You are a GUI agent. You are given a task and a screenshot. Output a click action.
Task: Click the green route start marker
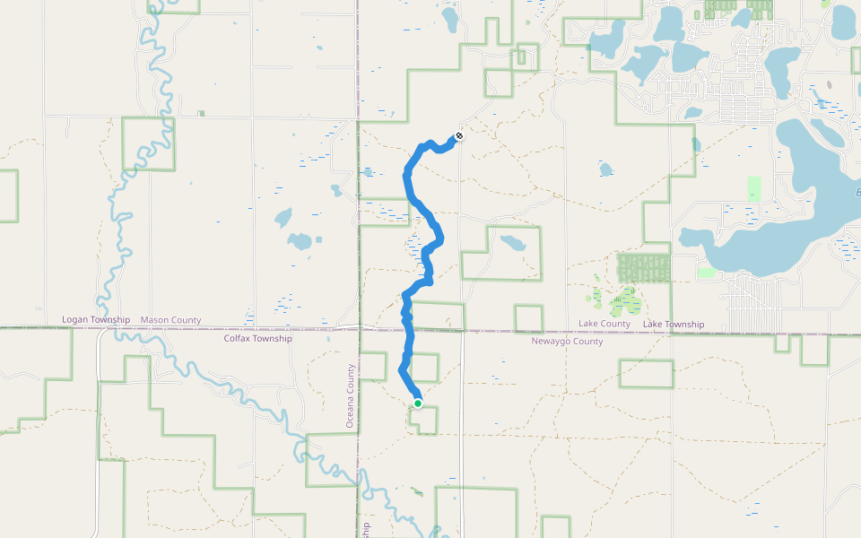point(418,403)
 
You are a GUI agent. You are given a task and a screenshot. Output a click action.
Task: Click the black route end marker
point(459,136)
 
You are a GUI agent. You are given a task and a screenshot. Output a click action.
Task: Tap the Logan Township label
point(96,320)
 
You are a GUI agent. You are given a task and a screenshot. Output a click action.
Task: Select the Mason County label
point(170,320)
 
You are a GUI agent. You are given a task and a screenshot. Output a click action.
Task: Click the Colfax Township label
point(257,339)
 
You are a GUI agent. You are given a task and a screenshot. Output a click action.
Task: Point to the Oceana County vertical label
point(350,395)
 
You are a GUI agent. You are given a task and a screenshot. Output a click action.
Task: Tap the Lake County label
point(604,324)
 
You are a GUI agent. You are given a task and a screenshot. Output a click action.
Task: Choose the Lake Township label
point(674,324)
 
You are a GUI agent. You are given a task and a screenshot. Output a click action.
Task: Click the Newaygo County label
point(567,342)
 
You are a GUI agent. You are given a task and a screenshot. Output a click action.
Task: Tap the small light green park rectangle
point(754,188)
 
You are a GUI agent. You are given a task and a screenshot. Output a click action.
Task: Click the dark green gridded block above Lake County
point(644,267)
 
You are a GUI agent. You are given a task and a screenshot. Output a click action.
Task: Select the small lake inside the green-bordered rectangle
point(513,243)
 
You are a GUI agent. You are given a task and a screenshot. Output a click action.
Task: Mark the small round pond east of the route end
point(605,169)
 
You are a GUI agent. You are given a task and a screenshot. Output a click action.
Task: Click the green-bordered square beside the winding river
point(148,143)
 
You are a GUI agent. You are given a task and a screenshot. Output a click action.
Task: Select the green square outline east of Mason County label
point(528,318)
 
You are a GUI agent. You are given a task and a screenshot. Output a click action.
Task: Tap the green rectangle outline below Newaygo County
point(646,374)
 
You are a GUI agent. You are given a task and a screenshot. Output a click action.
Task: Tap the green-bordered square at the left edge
point(8,195)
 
